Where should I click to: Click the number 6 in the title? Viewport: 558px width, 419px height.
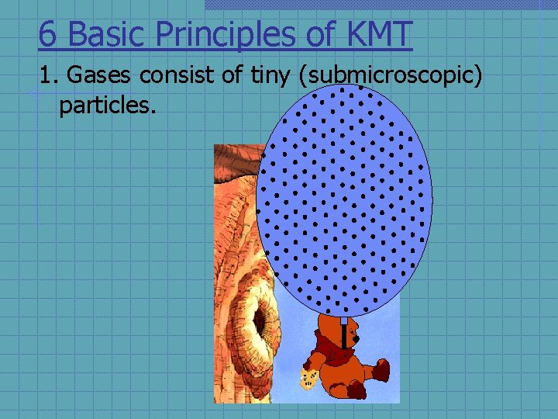[x=47, y=34]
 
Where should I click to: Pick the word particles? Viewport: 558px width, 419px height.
[x=107, y=103]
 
